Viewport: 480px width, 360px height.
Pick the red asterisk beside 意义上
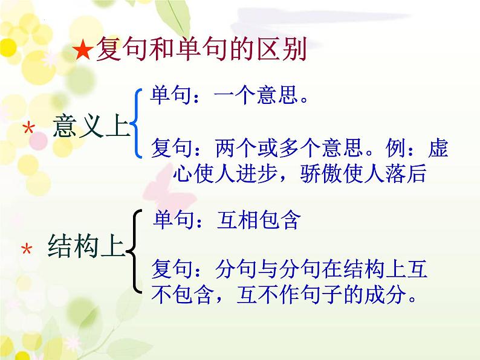point(27,129)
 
